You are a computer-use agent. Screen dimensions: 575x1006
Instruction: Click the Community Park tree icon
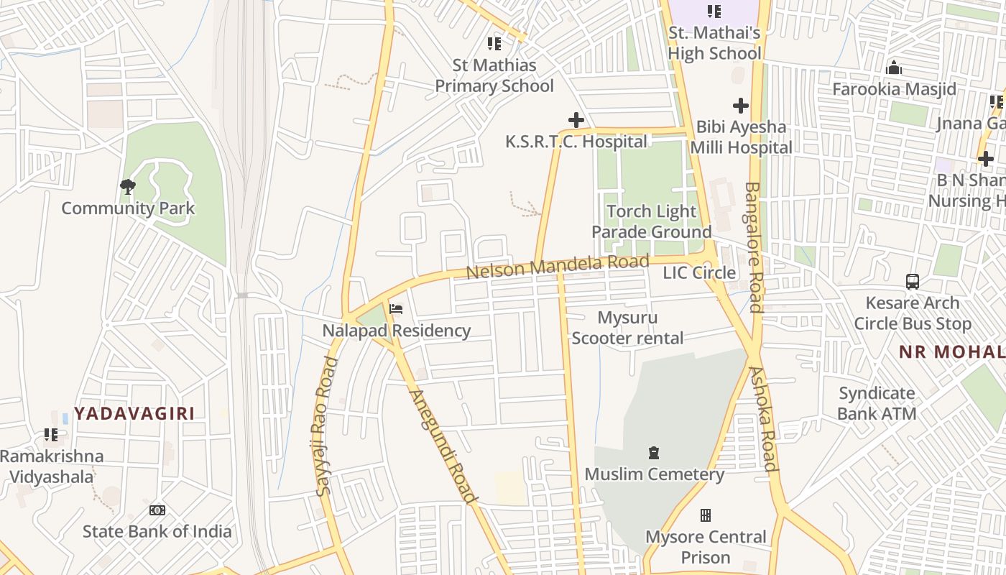click(x=128, y=187)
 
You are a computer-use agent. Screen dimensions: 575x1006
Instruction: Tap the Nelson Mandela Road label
click(x=557, y=267)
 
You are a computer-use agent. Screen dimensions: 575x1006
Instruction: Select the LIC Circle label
click(x=699, y=273)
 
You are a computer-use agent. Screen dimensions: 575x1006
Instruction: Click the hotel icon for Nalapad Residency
click(x=396, y=309)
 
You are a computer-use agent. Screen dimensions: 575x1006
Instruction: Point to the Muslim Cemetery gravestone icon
click(x=654, y=453)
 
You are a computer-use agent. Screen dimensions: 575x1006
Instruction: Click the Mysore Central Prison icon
click(x=706, y=515)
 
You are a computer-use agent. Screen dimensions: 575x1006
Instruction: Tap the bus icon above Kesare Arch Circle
click(x=913, y=281)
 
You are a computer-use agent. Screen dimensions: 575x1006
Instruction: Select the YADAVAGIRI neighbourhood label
click(x=134, y=413)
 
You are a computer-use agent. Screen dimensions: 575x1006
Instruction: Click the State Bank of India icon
click(x=157, y=510)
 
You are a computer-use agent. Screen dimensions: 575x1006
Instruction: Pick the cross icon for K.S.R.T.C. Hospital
click(x=576, y=120)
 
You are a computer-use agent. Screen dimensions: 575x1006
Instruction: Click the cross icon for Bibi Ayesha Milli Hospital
click(x=740, y=106)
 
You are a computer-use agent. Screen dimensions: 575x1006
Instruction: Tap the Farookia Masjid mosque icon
click(x=894, y=68)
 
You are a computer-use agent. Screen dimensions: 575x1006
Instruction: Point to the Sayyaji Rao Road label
click(x=326, y=426)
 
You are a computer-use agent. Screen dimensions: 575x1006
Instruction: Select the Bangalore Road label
click(x=753, y=247)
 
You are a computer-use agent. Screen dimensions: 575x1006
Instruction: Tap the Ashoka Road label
click(x=764, y=418)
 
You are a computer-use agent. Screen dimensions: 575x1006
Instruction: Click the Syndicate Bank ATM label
click(x=877, y=403)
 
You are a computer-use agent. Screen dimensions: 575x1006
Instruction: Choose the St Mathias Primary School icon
click(x=494, y=44)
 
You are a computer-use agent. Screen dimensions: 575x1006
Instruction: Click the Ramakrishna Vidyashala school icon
click(x=51, y=435)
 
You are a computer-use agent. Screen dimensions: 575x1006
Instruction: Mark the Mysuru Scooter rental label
click(x=627, y=328)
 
